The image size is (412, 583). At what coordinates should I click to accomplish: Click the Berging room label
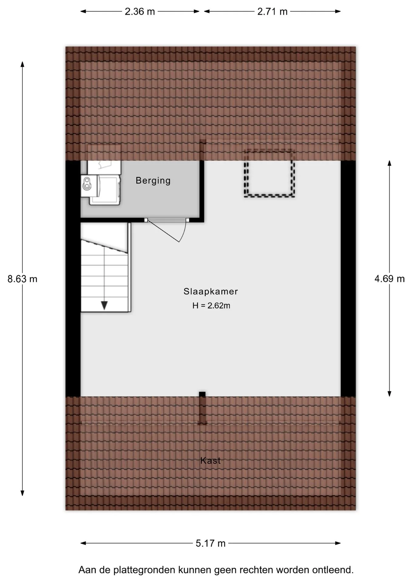153,181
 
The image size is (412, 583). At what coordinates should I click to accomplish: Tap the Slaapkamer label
211,291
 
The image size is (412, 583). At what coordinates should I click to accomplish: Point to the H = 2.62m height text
211,305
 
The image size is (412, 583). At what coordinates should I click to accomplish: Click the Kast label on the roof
210,461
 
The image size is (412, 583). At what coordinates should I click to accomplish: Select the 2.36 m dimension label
140,12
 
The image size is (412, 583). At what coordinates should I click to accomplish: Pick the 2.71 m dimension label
272,12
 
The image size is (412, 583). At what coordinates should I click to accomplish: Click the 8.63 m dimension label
22,279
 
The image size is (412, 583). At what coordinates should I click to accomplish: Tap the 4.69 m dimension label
390,279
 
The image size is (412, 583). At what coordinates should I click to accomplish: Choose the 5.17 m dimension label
211,543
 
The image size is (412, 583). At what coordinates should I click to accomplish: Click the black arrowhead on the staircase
104,305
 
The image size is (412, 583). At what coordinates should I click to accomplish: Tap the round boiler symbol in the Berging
87,183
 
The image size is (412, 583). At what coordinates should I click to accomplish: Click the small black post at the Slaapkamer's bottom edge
202,394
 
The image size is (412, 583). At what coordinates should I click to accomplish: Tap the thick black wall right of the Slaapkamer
348,278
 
